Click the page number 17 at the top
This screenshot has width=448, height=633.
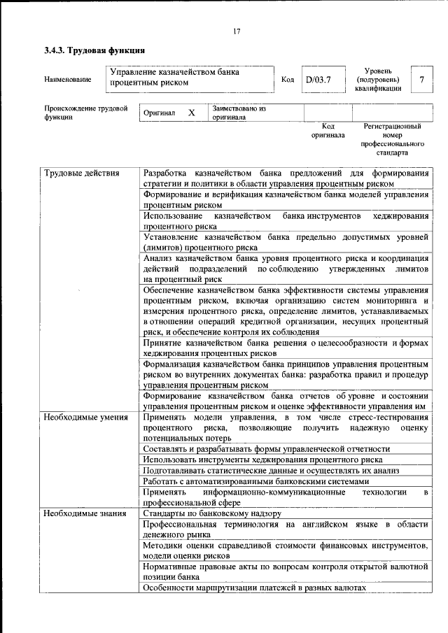pos(237,31)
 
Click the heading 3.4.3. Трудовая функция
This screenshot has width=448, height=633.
pos(94,51)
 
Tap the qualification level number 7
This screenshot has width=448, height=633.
pos(421,79)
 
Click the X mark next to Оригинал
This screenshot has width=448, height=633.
pos(191,113)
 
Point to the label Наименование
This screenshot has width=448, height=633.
pos(67,80)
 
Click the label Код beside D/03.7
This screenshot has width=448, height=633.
pos(287,79)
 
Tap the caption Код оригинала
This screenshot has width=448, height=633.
pos(328,130)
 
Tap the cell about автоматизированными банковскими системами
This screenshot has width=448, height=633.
pos(255,482)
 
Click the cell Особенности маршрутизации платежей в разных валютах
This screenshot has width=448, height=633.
pos(254,589)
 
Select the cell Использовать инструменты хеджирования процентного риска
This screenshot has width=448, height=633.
pos(262,460)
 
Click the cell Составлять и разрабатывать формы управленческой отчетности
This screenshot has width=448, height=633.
pos(266,449)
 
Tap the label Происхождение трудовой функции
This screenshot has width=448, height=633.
pos(85,113)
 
